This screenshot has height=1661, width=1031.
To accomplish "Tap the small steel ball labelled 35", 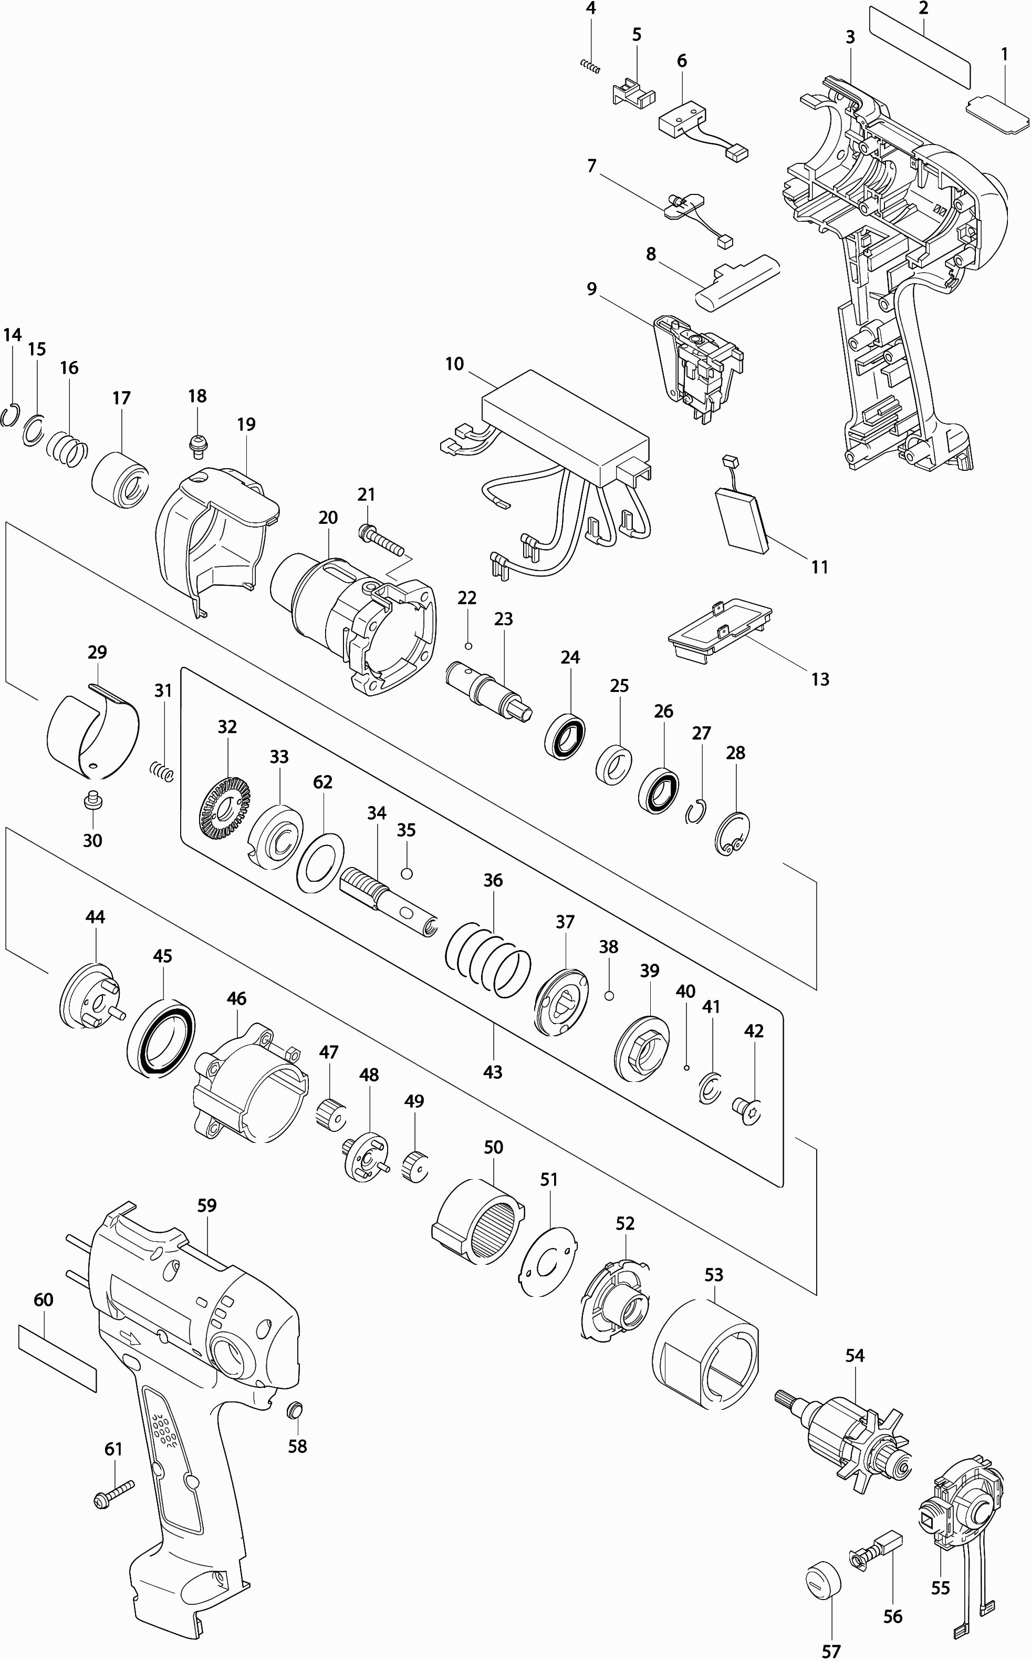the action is coord(407,874).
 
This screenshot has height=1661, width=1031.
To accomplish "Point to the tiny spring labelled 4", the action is coord(590,66).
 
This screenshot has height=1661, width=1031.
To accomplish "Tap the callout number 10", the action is coord(454,364).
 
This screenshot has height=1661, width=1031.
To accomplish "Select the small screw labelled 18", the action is coord(197,443).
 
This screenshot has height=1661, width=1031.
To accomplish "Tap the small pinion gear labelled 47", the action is coord(330,1115).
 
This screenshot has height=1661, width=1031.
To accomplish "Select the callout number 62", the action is coord(322,782).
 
